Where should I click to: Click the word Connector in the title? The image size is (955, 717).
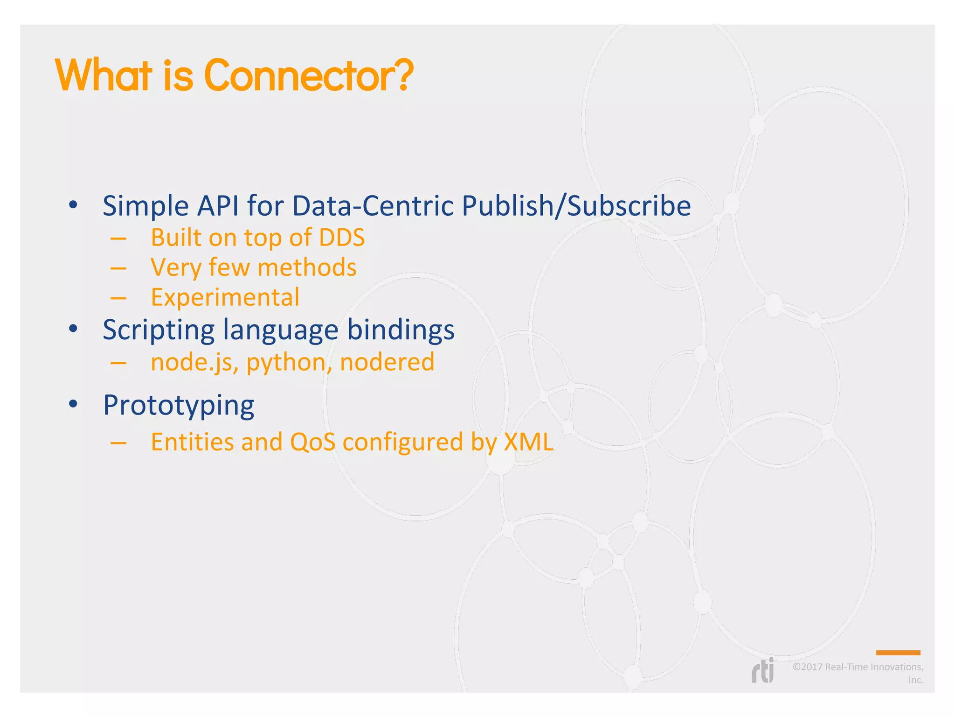coord(298,76)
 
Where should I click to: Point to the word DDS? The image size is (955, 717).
coord(342,238)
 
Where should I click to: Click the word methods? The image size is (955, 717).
coord(307,267)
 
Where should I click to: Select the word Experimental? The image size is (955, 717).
coord(225,297)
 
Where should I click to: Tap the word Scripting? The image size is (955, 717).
coord(158,330)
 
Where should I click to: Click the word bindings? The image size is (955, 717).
coord(401,330)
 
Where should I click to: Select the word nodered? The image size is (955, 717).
coord(387,362)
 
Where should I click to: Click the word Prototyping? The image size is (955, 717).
coord(179,405)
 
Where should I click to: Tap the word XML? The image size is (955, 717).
coord(528,442)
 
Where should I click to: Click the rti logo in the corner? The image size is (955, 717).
coord(763,671)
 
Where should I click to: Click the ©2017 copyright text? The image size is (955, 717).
coord(858,668)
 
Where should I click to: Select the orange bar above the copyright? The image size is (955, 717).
coord(898,653)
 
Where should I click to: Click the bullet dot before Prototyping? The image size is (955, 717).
coord(73,404)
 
